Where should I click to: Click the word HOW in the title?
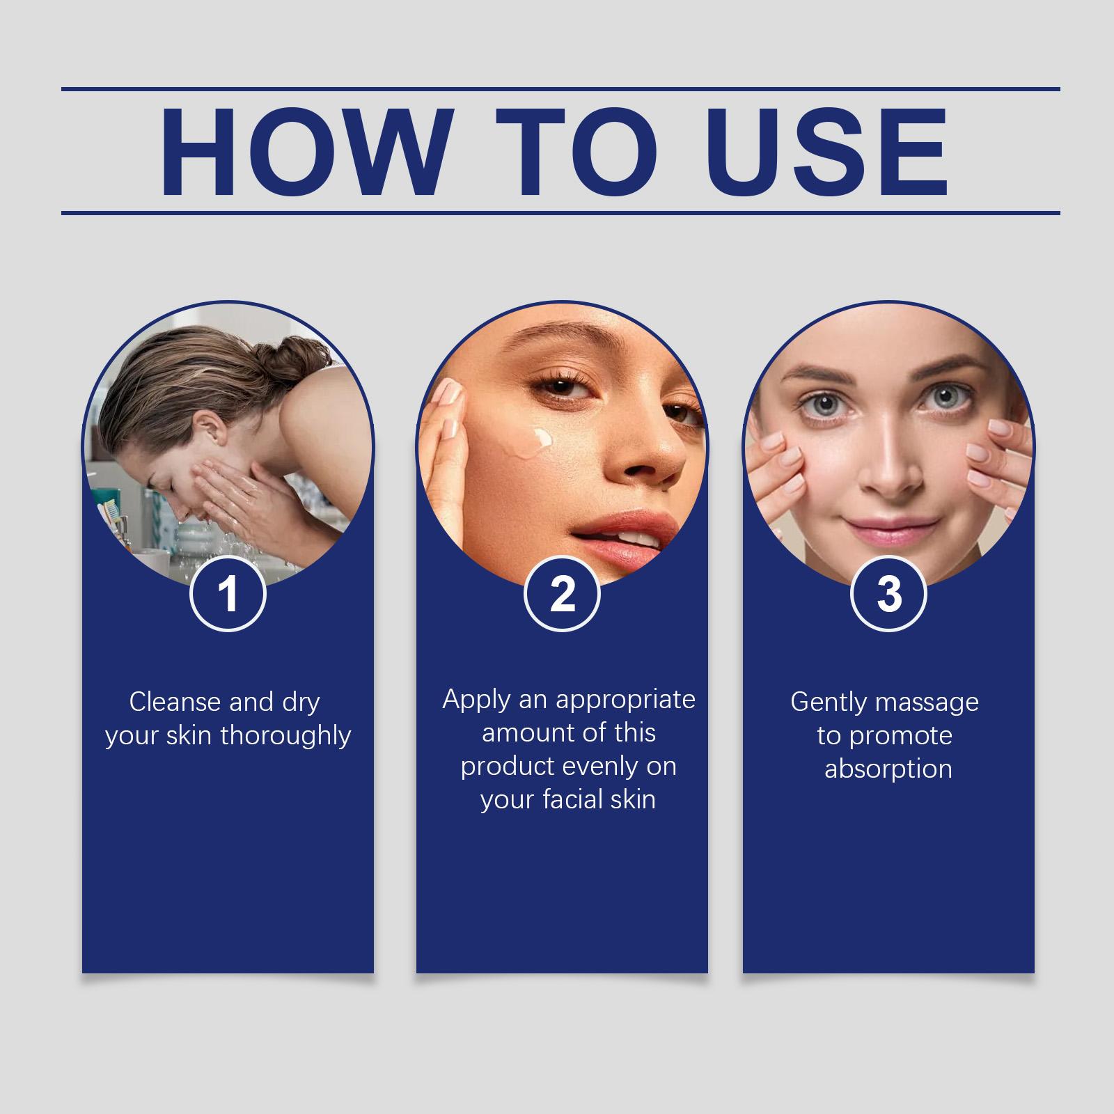tap(304, 151)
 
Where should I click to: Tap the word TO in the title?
tap(577, 151)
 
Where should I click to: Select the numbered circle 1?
tap(228, 595)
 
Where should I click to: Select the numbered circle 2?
tap(562, 595)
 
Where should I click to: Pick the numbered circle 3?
tap(889, 595)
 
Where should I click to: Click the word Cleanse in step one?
tap(175, 702)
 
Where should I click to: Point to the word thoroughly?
tap(285, 737)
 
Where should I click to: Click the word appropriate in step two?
tap(625, 700)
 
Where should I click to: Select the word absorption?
tap(888, 769)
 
